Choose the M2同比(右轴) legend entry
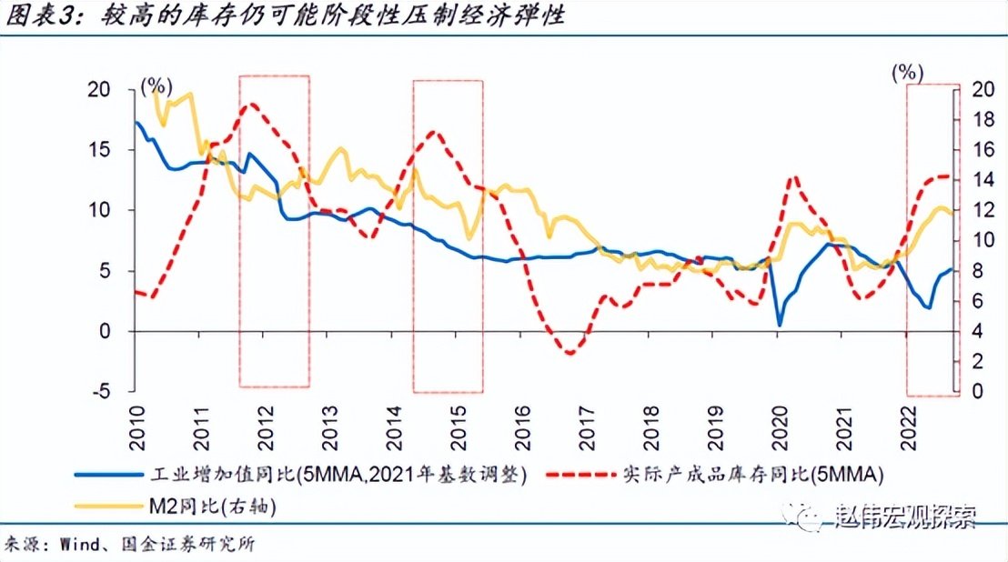pyautogui.click(x=209, y=507)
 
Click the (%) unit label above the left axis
pyautogui.click(x=156, y=86)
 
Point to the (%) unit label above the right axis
pyautogui.click(x=907, y=72)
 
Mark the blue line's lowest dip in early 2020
pyautogui.click(x=780, y=325)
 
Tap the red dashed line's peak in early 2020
pyautogui.click(x=797, y=177)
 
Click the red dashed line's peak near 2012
pyautogui.click(x=252, y=105)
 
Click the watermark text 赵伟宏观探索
pyautogui.click(x=904, y=518)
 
